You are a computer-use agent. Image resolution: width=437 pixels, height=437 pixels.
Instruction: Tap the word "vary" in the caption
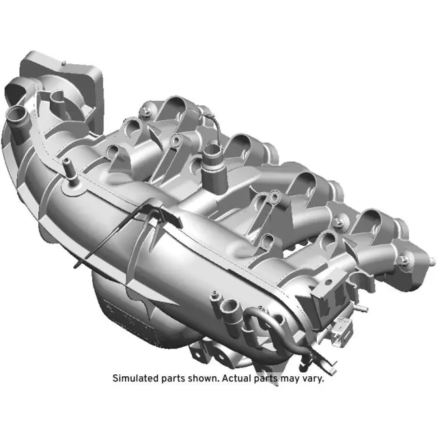pos(311,378)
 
